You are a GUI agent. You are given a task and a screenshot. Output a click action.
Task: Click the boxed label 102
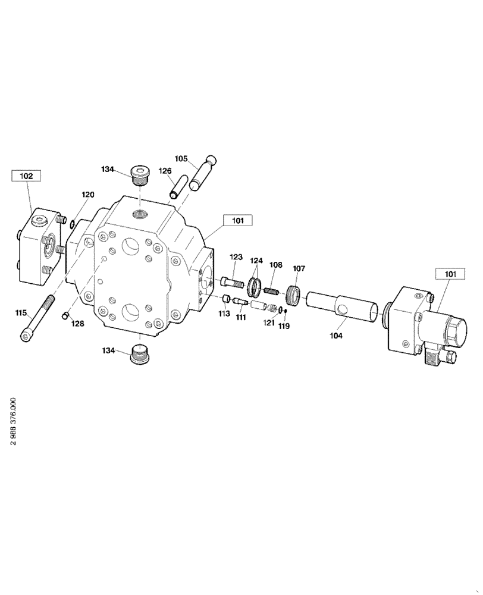coord(27,176)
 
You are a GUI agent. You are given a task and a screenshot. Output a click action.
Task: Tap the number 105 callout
coord(181,158)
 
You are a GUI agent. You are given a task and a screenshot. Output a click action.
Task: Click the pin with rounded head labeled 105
coord(203,173)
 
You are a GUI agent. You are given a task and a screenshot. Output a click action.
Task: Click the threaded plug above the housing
coord(140,174)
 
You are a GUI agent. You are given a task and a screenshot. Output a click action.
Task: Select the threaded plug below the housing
coord(140,355)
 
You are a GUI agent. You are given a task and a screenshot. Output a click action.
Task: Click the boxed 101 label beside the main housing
coord(238,221)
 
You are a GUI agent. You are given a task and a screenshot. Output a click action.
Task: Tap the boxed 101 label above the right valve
coord(450,274)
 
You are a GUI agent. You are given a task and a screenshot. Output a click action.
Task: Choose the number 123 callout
coord(236,257)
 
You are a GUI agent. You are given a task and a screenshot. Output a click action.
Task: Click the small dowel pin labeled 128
coord(67,315)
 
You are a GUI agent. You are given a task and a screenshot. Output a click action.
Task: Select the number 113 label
coord(224,314)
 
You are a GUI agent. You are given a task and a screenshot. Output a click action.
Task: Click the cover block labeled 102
coord(40,247)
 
